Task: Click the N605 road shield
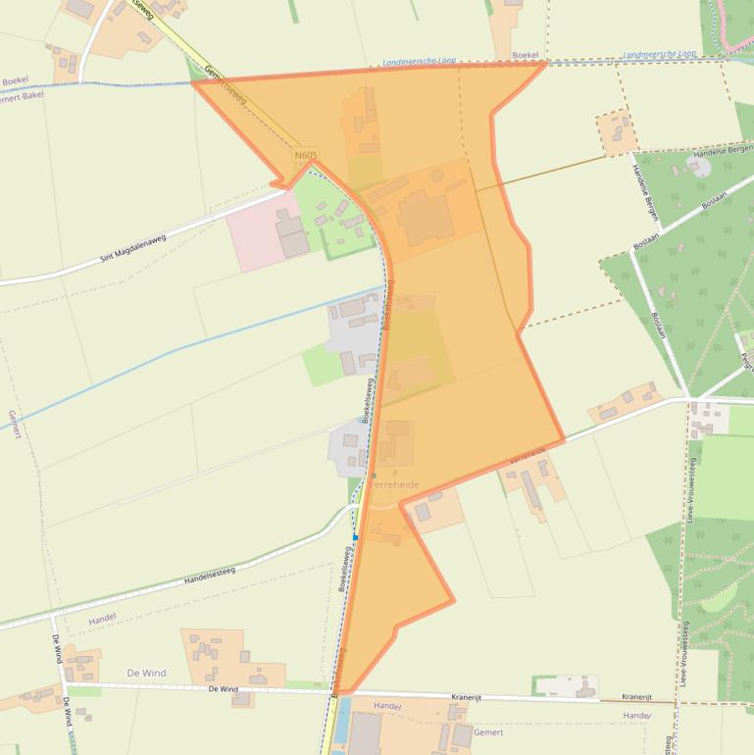pos(305,155)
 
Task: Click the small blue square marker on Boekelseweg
pos(355,537)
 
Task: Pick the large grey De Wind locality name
pos(146,674)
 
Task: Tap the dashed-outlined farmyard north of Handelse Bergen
pos(617,132)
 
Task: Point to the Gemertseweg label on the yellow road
pos(226,83)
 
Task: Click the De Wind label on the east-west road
pos(223,689)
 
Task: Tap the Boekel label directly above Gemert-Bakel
pos(16,80)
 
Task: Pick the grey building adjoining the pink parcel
pos(291,234)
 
